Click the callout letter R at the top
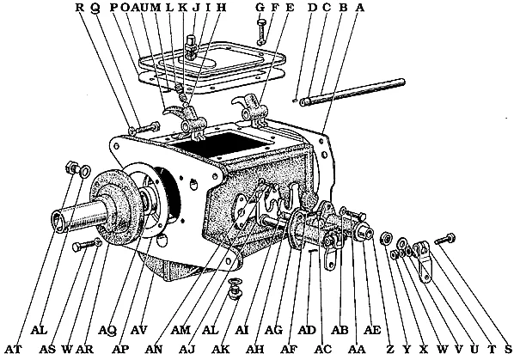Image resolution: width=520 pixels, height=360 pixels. click(80, 7)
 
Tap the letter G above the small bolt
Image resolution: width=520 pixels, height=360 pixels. click(260, 7)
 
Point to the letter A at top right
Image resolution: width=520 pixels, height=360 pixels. click(360, 7)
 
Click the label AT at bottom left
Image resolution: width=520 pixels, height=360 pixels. click(13, 349)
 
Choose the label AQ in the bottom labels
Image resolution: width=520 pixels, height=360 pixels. click(107, 330)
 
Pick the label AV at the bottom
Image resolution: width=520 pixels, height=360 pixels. click(138, 330)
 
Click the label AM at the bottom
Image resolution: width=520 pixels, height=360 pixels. click(181, 330)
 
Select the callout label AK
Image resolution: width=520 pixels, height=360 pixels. click(221, 349)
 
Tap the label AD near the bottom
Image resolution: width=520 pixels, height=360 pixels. click(307, 330)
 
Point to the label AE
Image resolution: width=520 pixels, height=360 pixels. click(372, 330)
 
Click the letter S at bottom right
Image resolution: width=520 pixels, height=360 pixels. click(508, 349)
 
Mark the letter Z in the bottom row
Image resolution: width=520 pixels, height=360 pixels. click(390, 349)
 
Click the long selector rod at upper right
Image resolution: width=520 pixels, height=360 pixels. click(352, 92)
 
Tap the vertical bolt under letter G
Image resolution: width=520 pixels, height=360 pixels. click(261, 32)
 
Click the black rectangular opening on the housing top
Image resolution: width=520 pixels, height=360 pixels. click(223, 145)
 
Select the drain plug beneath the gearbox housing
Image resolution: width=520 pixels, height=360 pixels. click(236, 289)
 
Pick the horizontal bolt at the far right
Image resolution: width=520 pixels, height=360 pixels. click(444, 240)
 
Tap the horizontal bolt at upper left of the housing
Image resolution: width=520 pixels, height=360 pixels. click(144, 128)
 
